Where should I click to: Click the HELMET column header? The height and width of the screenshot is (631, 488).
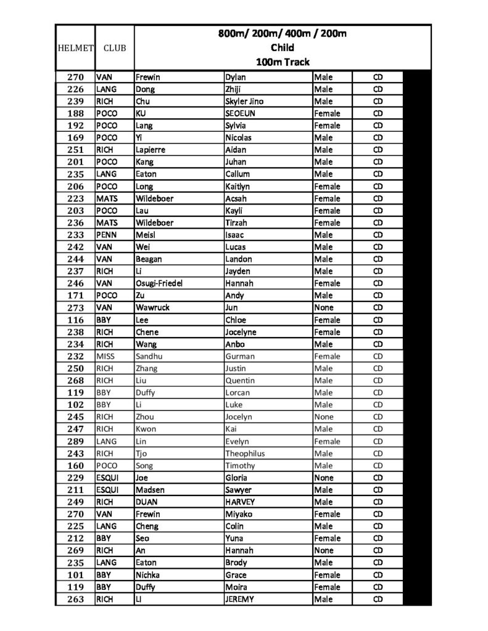[x=75, y=47]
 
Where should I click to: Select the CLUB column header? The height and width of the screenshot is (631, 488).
[x=114, y=47]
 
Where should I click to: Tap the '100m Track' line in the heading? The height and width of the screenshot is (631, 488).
[x=283, y=62]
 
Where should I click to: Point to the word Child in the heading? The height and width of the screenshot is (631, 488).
[x=283, y=47]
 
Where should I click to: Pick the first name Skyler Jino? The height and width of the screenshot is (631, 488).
[x=245, y=101]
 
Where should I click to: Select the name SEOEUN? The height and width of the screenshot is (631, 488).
[x=241, y=113]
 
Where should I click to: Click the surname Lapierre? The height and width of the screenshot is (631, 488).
[x=151, y=150]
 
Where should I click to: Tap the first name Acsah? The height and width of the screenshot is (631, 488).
[x=237, y=198]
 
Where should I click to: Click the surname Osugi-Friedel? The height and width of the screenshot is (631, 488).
[x=159, y=283]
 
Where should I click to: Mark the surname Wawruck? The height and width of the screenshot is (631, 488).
[x=152, y=307]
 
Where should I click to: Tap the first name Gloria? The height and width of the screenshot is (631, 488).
[x=237, y=478]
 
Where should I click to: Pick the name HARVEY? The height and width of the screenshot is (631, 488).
[x=240, y=502]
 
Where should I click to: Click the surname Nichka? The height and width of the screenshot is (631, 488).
[x=148, y=575]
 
